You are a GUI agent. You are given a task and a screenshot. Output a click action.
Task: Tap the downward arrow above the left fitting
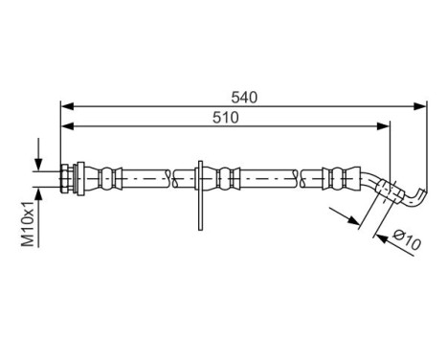(38, 158)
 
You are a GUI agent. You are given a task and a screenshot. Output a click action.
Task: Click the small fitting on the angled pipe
(385, 191)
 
